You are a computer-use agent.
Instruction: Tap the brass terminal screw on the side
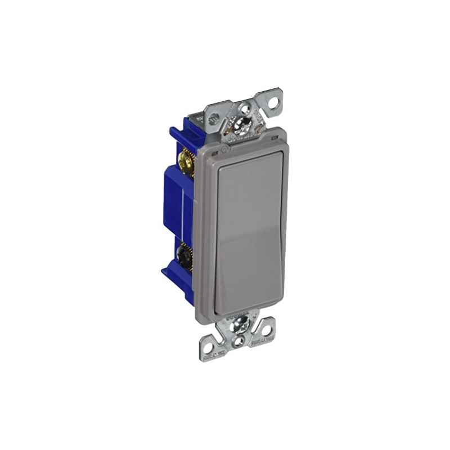coord(186,163)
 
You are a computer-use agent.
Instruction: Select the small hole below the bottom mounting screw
coord(238,340)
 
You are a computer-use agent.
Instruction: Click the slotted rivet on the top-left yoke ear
coord(214,119)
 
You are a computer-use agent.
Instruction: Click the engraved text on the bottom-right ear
coord(262,340)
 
